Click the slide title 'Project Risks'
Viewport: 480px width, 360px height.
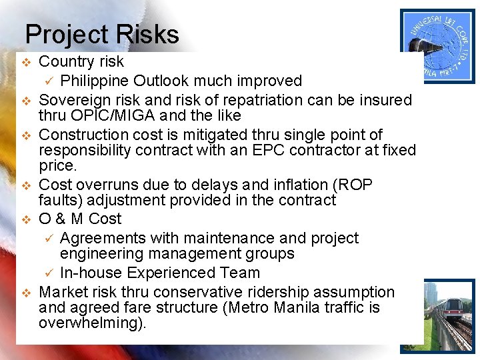(x=102, y=35)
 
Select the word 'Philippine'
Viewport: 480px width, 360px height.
(x=94, y=81)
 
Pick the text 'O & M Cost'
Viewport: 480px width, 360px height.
(x=80, y=219)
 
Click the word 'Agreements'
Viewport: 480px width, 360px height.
(x=101, y=238)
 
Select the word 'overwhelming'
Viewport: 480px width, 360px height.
(x=89, y=323)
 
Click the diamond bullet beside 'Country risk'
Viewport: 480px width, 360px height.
(x=26, y=62)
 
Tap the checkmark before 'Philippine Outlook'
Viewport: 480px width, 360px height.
(x=48, y=81)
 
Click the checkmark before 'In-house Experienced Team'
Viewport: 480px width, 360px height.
(x=48, y=273)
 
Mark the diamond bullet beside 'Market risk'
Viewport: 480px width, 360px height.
(x=26, y=293)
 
